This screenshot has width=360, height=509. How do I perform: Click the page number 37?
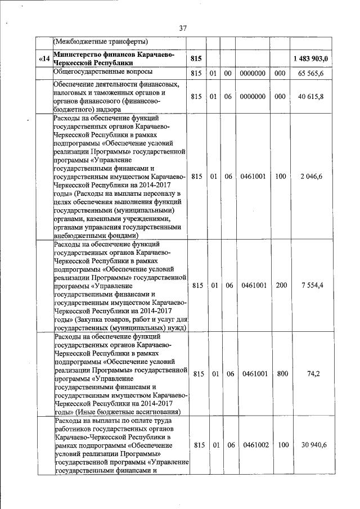pyautogui.click(x=183, y=29)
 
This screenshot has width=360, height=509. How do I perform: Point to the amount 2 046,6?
pyautogui.click(x=318, y=177)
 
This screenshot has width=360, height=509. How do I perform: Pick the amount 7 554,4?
pyautogui.click(x=318, y=286)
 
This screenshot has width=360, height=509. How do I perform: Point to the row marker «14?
pyautogui.click(x=44, y=59)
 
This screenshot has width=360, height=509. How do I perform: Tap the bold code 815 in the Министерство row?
pyautogui.click(x=196, y=59)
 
